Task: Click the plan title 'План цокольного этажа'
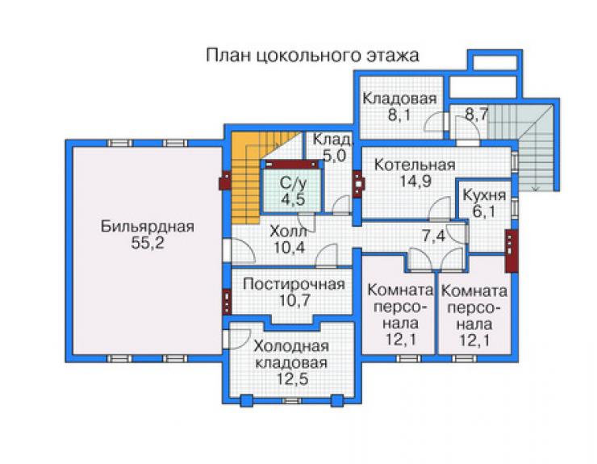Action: pyautogui.click(x=312, y=55)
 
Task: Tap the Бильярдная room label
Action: pyautogui.click(x=148, y=226)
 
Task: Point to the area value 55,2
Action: pyautogui.click(x=148, y=243)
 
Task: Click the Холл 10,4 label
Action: pyautogui.click(x=290, y=239)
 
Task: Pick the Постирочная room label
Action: pyautogui.click(x=294, y=284)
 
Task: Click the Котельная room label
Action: pyautogui.click(x=415, y=165)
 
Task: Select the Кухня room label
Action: pyautogui.click(x=484, y=195)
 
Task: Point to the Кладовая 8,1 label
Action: pyautogui.click(x=399, y=106)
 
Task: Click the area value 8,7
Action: pyautogui.click(x=476, y=114)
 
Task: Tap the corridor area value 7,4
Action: pyautogui.click(x=433, y=236)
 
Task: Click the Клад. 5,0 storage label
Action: pyautogui.click(x=332, y=148)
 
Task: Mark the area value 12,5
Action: pyautogui.click(x=292, y=379)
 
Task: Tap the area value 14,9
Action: pyautogui.click(x=415, y=181)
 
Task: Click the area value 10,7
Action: pyautogui.click(x=294, y=300)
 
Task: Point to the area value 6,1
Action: pyautogui.click(x=484, y=211)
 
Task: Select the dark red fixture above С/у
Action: pyautogui.click(x=292, y=165)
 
